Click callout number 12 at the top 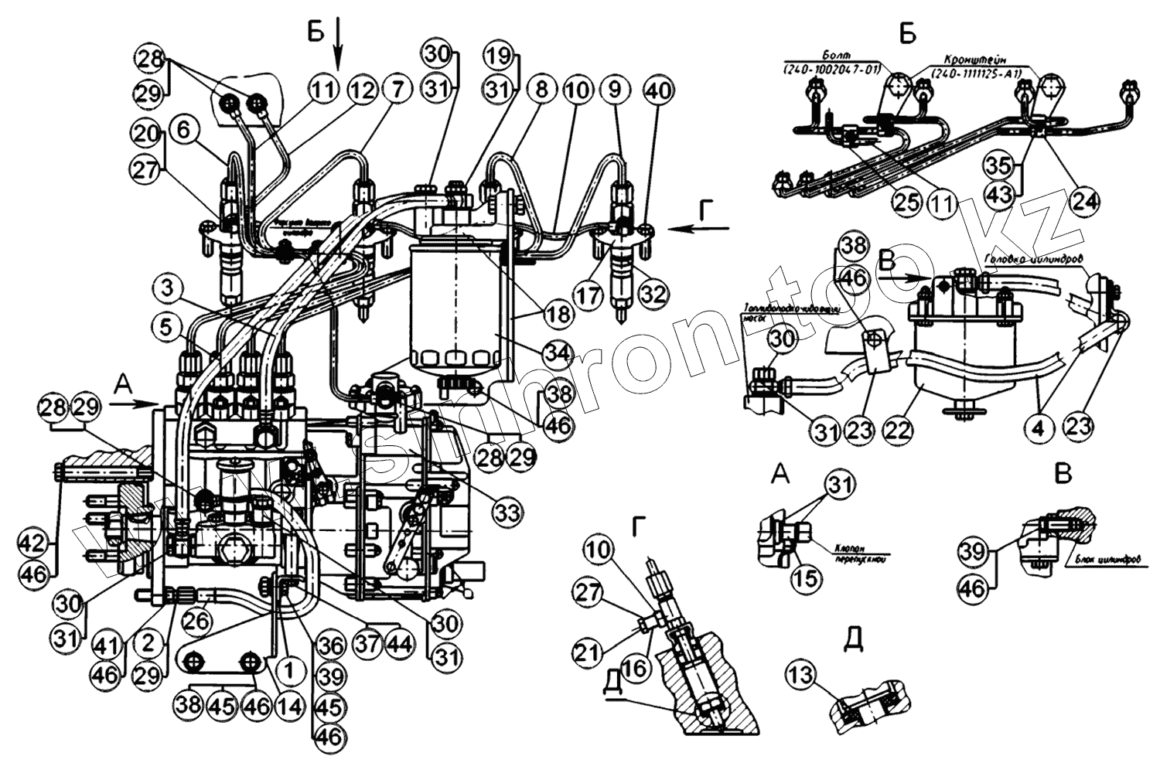coord(362,90)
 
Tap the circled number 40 coord(657,90)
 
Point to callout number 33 coord(506,511)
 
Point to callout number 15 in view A coord(805,577)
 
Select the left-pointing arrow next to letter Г coord(700,228)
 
